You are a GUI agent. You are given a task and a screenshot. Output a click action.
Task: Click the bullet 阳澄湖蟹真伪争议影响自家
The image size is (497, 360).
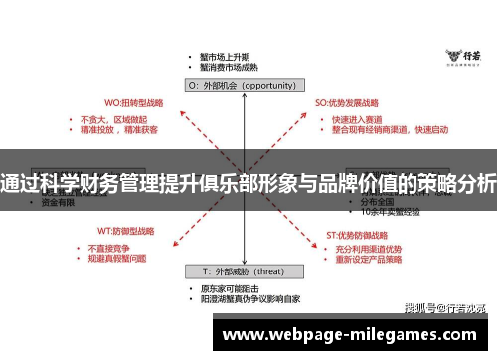coord(249,298)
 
